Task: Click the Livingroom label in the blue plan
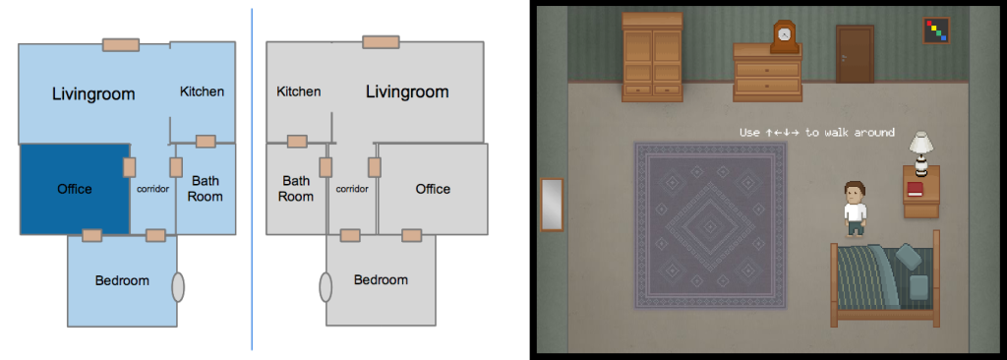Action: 93,94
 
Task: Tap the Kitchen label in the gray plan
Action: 299,91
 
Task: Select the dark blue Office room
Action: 75,189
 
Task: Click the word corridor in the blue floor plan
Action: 152,189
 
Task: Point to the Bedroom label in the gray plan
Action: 381,280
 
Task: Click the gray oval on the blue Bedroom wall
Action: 178,286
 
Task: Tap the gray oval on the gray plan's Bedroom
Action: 326,286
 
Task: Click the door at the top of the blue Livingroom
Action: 121,45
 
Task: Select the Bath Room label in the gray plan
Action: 296,188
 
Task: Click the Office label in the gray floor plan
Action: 433,189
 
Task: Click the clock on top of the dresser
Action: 784,37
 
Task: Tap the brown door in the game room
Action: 855,54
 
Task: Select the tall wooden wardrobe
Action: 652,57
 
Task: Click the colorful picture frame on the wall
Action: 936,30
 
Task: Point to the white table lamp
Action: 921,152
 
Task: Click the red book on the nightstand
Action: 915,189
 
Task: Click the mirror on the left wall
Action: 553,205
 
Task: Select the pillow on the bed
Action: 918,286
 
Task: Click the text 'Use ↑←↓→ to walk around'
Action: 817,133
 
